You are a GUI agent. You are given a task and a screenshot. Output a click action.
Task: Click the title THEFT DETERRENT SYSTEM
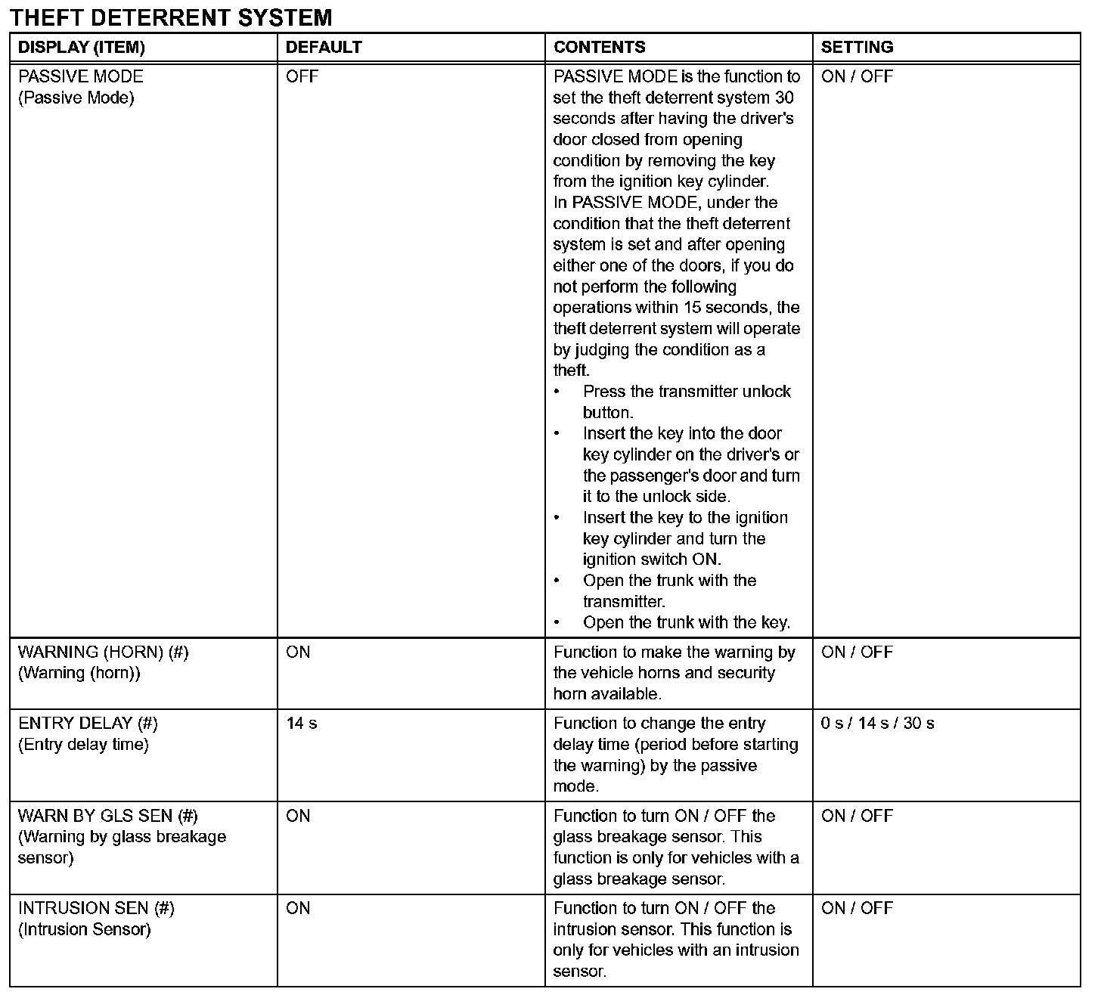[172, 17]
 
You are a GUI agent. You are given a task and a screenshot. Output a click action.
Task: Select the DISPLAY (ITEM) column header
[81, 47]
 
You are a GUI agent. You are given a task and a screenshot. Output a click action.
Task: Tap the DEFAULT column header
[324, 47]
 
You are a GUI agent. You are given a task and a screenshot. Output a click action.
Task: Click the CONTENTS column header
[600, 47]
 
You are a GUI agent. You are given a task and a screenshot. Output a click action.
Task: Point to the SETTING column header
[857, 47]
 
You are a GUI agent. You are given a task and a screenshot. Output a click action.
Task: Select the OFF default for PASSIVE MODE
[302, 76]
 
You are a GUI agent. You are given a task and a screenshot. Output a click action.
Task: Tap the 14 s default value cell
[302, 724]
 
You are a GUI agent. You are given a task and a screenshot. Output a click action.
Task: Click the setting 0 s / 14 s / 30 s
[877, 724]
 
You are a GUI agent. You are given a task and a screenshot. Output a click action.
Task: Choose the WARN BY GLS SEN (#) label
[107, 816]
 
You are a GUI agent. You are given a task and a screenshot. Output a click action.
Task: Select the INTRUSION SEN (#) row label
[96, 908]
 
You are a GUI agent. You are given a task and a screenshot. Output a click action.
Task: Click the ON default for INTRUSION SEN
[298, 908]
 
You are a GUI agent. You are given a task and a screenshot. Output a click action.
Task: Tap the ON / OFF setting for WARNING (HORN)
[857, 652]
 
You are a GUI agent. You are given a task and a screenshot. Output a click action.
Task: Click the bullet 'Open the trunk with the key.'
[686, 623]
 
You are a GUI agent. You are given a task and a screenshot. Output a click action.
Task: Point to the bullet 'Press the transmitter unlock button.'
[686, 402]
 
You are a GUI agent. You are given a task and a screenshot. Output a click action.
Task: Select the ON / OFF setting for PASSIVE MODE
[857, 76]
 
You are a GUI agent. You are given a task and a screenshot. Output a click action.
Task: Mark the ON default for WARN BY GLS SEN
[298, 816]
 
